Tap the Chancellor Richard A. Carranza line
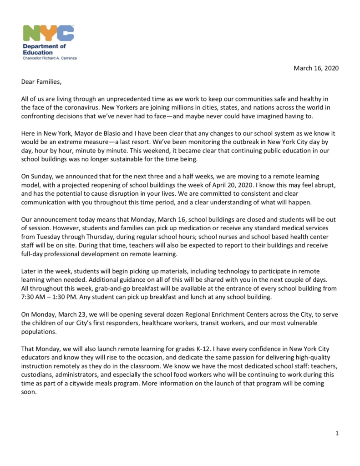pos(50,59)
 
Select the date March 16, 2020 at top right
pos(316,68)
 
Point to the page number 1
pos(337,433)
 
